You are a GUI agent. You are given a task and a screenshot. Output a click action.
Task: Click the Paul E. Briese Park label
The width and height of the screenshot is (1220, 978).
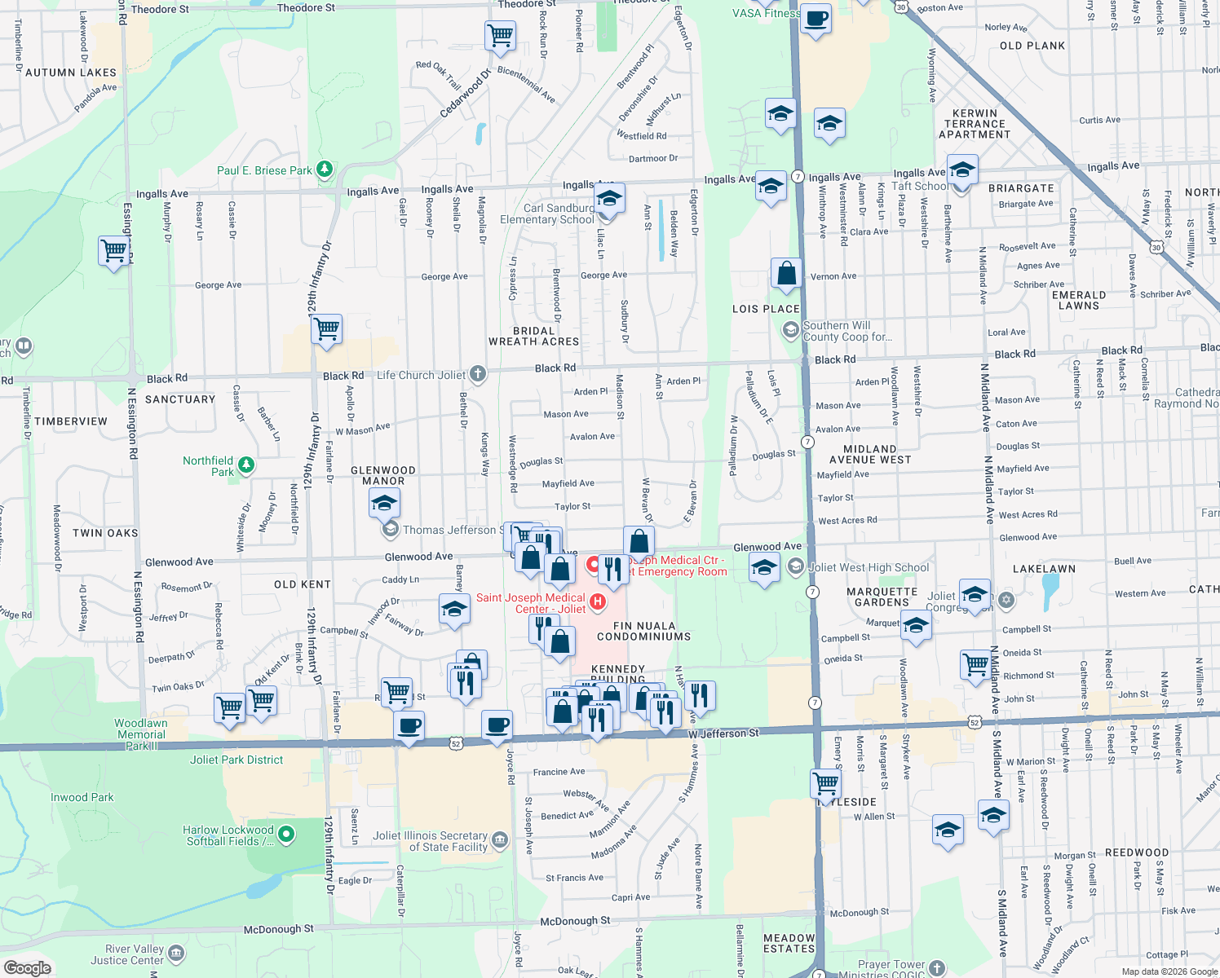pos(264,170)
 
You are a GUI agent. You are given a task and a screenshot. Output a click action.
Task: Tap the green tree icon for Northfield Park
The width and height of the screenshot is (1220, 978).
pos(246,465)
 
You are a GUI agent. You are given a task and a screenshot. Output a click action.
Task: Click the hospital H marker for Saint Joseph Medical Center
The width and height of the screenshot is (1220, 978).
pos(598,602)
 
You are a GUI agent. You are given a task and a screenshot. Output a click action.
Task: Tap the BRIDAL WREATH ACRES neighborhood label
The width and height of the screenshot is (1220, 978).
pos(533,337)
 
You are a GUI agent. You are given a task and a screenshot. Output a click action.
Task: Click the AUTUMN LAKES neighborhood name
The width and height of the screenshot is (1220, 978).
pos(71,73)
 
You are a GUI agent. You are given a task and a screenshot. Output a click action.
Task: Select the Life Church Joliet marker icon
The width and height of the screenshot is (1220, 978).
pos(478,374)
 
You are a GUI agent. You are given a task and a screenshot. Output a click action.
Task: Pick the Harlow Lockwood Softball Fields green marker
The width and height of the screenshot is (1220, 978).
pos(286,834)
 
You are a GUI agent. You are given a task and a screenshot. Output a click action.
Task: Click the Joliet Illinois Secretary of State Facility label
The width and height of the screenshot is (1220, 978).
pos(430,841)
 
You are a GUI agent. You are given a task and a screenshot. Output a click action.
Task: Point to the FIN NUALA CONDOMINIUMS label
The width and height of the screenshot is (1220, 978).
pos(643,631)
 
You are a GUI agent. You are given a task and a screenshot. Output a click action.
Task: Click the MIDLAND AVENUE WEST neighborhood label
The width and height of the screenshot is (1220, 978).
pos(870,455)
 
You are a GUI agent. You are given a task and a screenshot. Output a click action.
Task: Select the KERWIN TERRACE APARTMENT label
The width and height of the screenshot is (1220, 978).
pos(975,124)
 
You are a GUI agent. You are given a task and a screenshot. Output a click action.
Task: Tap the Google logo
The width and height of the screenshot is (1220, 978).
pos(28,967)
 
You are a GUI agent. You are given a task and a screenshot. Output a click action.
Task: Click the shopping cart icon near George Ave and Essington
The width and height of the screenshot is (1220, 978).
pos(113,250)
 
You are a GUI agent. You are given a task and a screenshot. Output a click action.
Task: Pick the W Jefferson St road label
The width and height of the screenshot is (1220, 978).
pos(723,733)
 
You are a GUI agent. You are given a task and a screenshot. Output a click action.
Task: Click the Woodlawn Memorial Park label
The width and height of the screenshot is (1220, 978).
pos(141,734)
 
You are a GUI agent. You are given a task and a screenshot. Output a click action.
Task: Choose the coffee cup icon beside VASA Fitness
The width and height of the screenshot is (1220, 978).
pos(816,18)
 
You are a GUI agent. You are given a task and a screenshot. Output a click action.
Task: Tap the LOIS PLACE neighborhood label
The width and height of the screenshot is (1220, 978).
pos(766,309)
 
